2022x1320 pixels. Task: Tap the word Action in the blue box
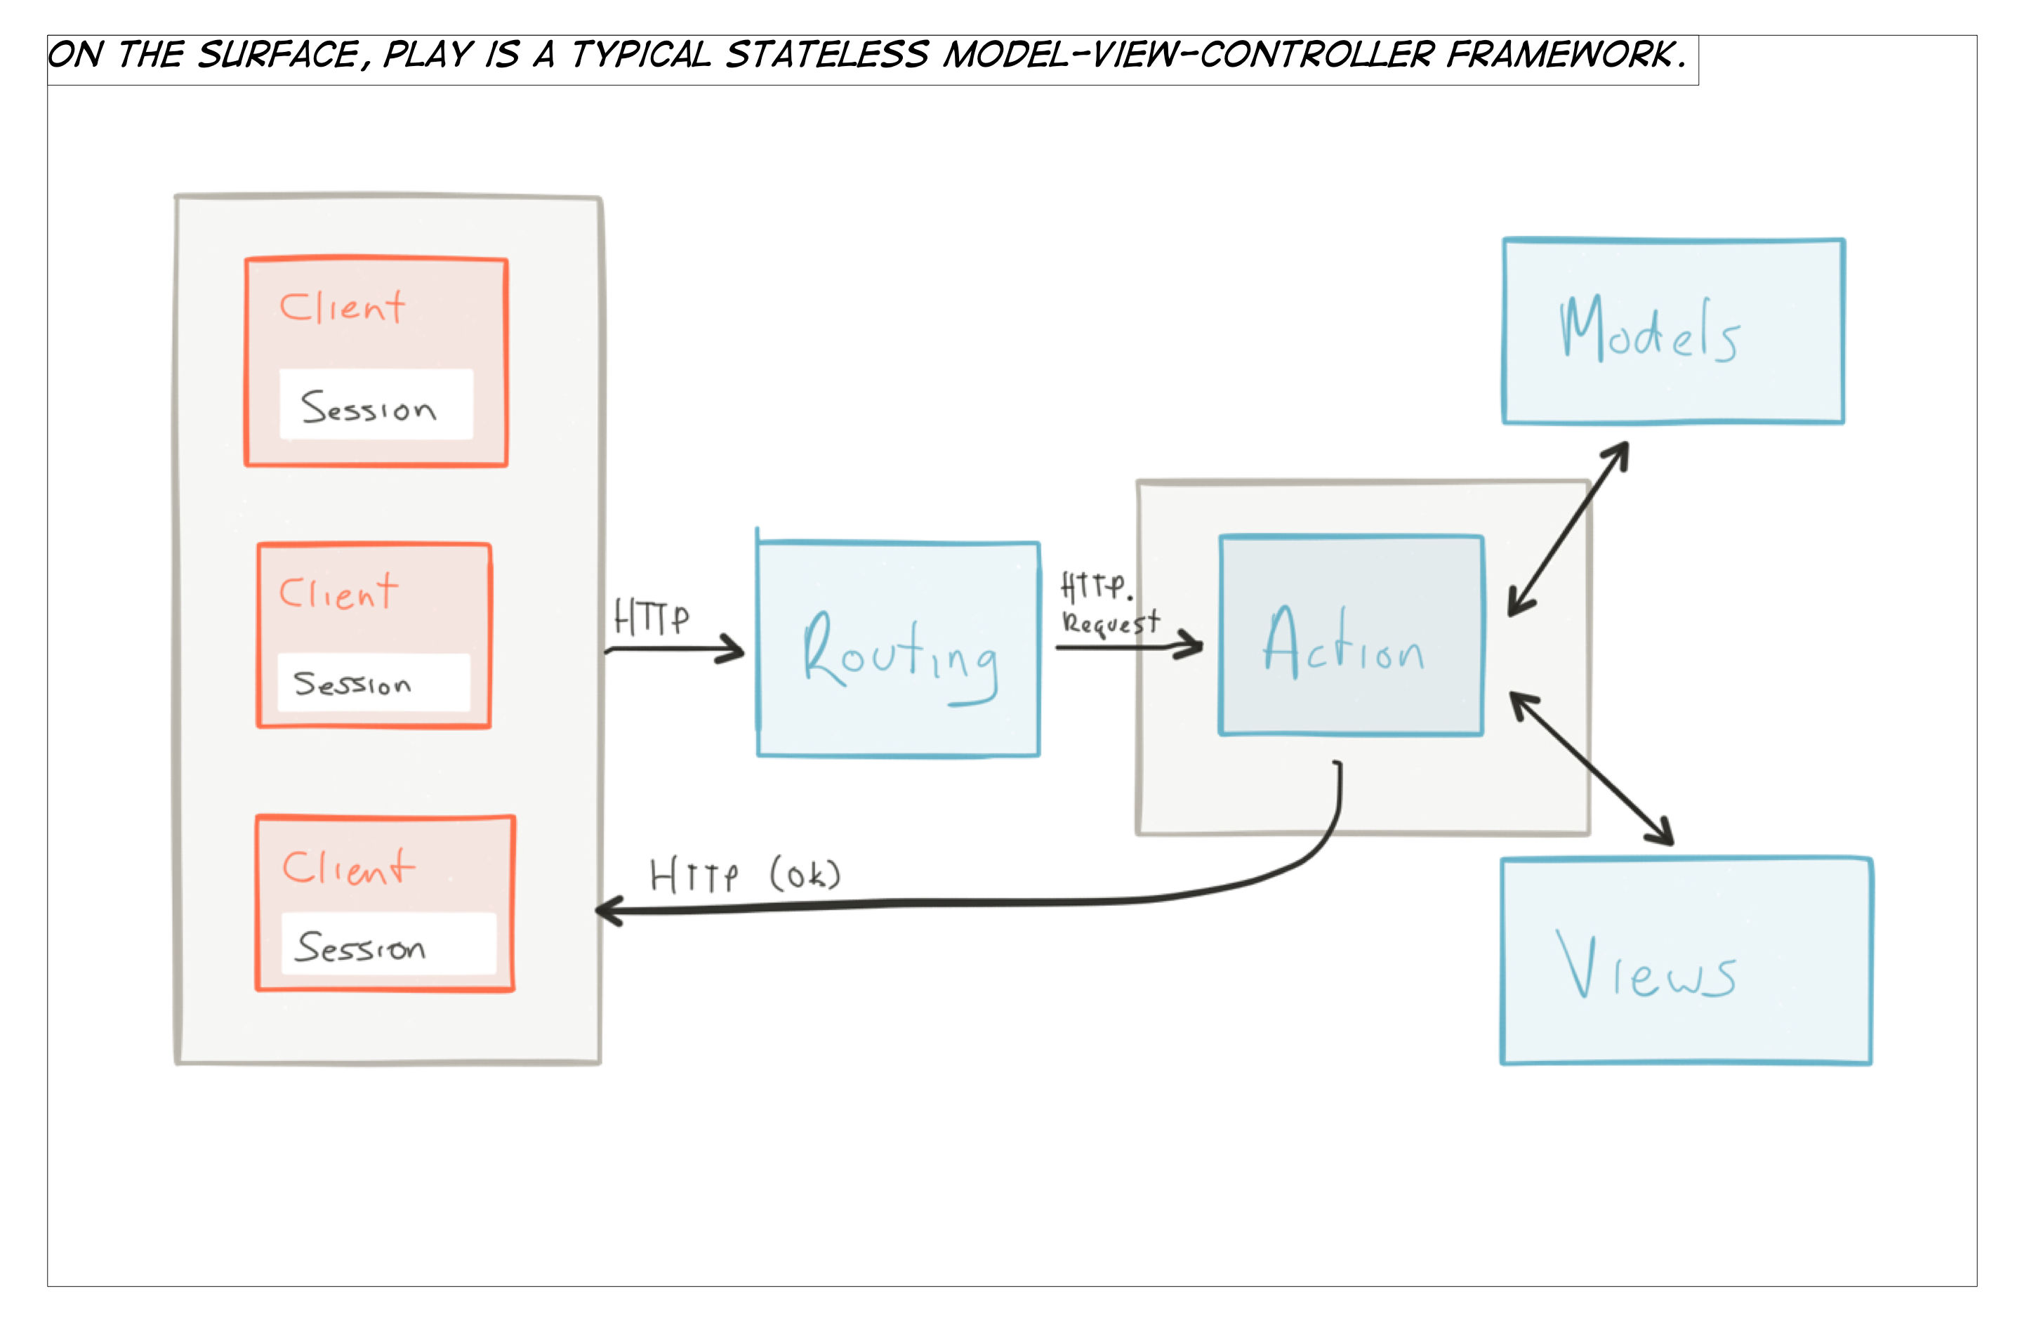pos(1344,645)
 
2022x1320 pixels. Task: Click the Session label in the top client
pos(369,408)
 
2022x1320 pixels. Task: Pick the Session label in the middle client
pos(352,684)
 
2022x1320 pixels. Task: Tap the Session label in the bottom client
pos(360,946)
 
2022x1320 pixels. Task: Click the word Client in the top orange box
pos(343,308)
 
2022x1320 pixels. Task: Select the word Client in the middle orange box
pos(338,592)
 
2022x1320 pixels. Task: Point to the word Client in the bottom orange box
pos(348,868)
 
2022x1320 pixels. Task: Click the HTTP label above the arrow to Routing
pos(652,618)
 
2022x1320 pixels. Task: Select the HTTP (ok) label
pos(745,875)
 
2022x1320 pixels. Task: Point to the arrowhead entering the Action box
pos(1192,645)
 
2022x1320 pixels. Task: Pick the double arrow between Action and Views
pos(1590,768)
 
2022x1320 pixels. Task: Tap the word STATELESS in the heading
pos(826,55)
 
